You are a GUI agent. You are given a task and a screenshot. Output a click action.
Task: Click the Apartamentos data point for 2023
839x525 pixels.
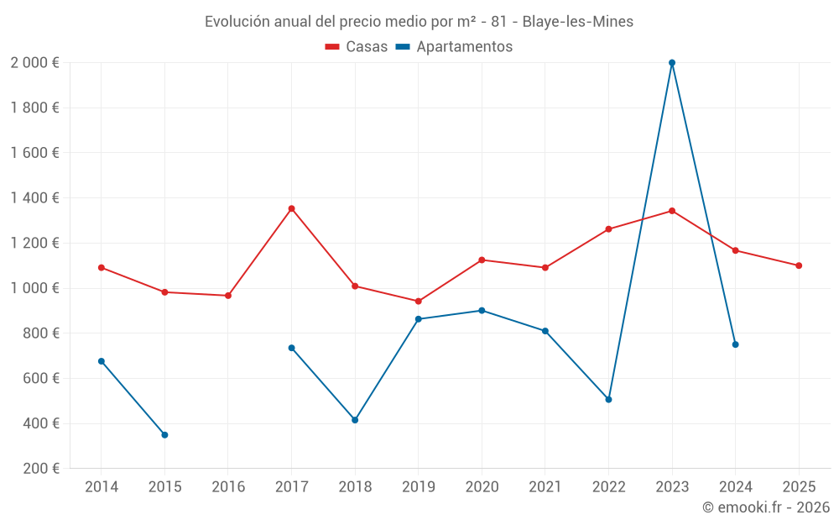pyautogui.click(x=672, y=63)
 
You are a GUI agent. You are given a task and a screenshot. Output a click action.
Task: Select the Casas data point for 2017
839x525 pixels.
pyautogui.click(x=291, y=208)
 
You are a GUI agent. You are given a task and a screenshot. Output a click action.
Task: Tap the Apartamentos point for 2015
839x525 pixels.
pyautogui.click(x=164, y=435)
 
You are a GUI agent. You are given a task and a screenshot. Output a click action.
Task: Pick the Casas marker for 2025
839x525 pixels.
pyautogui.click(x=799, y=265)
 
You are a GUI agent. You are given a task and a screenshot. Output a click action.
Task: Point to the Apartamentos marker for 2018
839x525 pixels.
pyautogui.click(x=355, y=420)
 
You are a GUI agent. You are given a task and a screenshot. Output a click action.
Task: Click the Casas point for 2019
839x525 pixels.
pyautogui.click(x=418, y=302)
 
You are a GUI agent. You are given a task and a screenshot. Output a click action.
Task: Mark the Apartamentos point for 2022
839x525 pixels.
pyautogui.click(x=608, y=400)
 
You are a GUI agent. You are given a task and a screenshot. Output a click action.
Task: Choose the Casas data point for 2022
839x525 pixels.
pyautogui.click(x=608, y=229)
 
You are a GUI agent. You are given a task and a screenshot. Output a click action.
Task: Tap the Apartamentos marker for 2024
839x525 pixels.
pyautogui.click(x=735, y=344)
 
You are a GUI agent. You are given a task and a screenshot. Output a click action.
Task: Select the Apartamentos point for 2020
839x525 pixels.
pyautogui.click(x=482, y=311)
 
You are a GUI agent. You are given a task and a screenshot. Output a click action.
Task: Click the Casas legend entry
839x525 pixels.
pyautogui.click(x=357, y=47)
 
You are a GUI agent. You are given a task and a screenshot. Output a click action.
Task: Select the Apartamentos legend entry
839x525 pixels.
pyautogui.click(x=454, y=47)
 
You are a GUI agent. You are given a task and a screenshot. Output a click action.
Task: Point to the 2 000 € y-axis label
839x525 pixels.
pyautogui.click(x=34, y=63)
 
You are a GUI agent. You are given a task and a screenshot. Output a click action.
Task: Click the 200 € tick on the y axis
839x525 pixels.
pyautogui.click(x=39, y=469)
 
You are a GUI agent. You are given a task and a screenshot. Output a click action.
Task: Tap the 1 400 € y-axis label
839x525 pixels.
pyautogui.click(x=34, y=198)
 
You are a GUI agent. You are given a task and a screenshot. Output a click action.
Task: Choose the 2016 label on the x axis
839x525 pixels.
pyautogui.click(x=228, y=487)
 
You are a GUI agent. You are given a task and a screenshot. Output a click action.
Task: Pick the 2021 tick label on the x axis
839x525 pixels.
pyautogui.click(x=545, y=487)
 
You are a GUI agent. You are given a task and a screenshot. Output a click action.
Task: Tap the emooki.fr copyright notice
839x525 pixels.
pyautogui.click(x=765, y=507)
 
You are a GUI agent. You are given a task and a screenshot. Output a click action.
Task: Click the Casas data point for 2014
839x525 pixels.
pyautogui.click(x=102, y=268)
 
